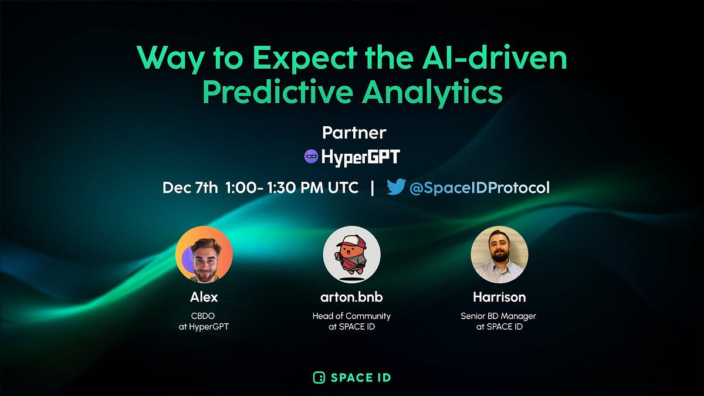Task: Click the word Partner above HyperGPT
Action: pos(354,133)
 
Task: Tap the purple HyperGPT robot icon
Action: pos(311,157)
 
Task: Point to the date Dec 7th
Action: pos(189,188)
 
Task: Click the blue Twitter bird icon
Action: pos(396,187)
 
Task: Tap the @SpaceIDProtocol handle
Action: pos(479,188)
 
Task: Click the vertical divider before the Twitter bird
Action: pos(372,188)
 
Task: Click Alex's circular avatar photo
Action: pos(204,255)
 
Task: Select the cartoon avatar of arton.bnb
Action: pos(351,255)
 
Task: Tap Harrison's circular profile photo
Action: pos(499,255)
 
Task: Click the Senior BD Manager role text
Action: pos(499,316)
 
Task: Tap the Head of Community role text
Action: pos(351,316)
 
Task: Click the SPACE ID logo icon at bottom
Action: pos(319,377)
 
